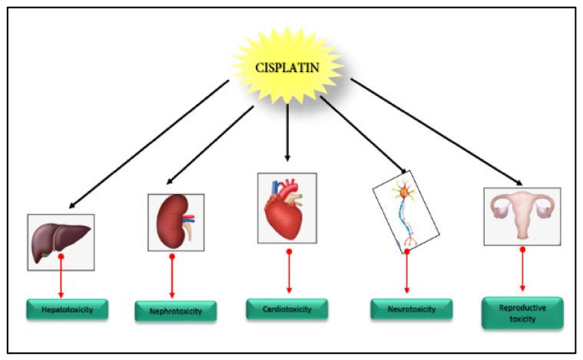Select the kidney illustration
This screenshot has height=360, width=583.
pos(175,222)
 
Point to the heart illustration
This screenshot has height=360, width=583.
pos(287,206)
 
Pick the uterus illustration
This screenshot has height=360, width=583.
pos(522,216)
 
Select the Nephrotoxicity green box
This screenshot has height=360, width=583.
pos(175,311)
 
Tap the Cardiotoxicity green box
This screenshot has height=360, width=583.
pos(287,309)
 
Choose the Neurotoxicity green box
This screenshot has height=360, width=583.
pos(409,309)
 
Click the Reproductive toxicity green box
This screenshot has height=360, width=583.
pos(522,312)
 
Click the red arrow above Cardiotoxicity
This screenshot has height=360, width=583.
pos(289,273)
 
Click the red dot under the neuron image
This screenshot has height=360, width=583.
pos(406,250)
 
